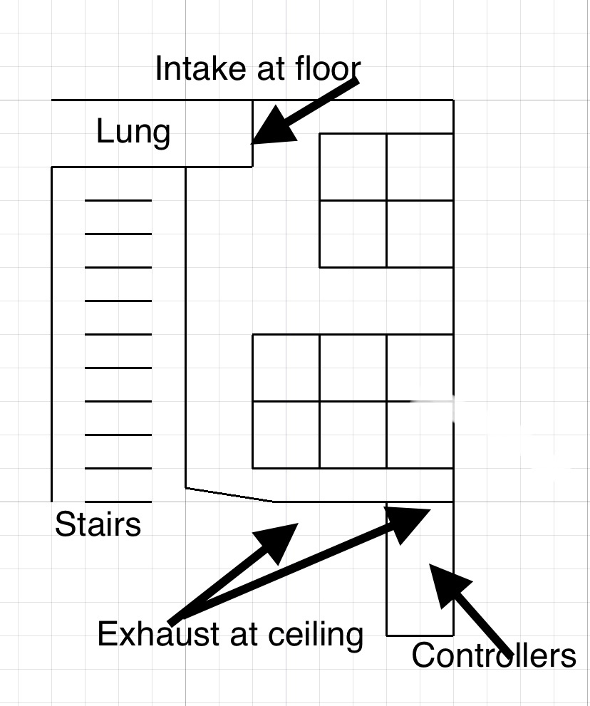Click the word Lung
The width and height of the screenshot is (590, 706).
133,133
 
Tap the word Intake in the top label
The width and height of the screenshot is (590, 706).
201,68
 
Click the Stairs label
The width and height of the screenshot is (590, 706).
98,524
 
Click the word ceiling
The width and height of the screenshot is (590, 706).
316,635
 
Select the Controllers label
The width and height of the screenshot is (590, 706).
494,655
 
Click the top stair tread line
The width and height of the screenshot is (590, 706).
118,200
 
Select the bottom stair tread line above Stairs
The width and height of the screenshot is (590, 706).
118,502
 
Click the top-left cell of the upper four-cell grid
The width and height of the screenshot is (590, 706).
353,167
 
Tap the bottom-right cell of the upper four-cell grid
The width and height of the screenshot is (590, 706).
420,234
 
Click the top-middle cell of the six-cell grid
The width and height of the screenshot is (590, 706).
353,368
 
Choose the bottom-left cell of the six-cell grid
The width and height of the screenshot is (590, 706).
286,435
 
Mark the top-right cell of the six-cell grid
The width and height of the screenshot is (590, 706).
420,368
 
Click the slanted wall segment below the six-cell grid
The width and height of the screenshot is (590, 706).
229,494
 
